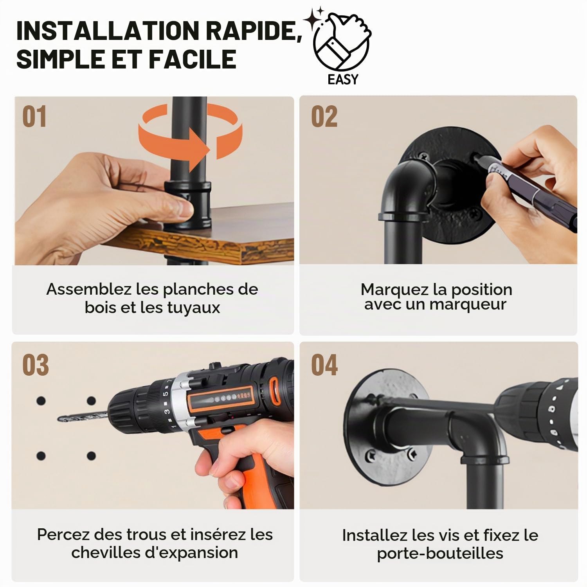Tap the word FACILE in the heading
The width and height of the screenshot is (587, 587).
pos(192,59)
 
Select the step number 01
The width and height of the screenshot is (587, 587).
pos(34,117)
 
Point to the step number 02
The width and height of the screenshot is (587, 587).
pos(324,117)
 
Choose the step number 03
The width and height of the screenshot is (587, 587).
pos(35,365)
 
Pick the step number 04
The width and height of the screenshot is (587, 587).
pos(324,365)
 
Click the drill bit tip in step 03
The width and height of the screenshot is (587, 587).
pos(59,420)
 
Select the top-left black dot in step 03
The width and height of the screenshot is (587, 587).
pos(41,401)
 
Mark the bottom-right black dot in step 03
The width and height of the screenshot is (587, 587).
pos(91,456)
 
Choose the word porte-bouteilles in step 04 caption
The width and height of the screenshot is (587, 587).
pos(440,553)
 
